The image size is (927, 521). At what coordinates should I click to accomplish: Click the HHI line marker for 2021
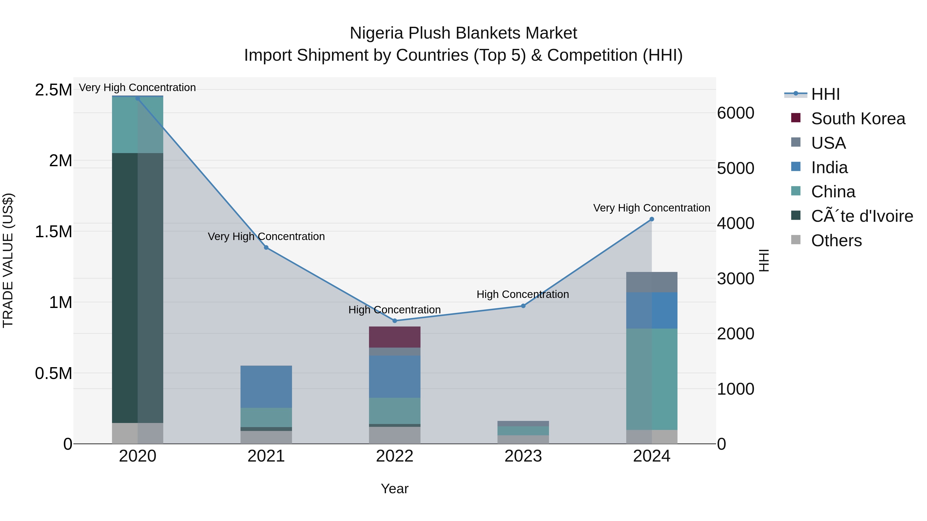(266, 247)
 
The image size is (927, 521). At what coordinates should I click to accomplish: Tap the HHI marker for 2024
(652, 219)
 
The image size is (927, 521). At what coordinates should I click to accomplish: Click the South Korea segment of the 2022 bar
(395, 337)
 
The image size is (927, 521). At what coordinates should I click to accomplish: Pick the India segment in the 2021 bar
(266, 386)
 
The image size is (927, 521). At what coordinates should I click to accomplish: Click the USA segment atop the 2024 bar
(652, 282)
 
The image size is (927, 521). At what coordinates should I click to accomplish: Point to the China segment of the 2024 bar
(652, 379)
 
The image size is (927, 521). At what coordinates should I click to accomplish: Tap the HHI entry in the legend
(826, 94)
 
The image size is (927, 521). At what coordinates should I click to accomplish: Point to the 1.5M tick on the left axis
(54, 232)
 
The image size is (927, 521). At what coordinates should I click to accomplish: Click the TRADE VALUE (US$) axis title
(8, 260)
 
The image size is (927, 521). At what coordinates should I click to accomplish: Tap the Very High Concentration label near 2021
(266, 237)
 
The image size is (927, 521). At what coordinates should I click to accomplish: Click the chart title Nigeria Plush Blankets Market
(463, 33)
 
